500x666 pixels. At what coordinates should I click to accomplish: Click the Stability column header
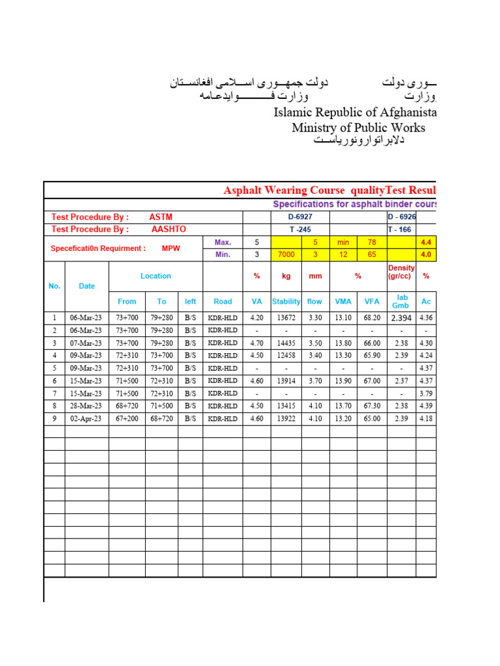286,301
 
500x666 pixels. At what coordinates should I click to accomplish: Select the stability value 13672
286,318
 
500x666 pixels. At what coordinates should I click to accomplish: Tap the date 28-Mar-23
86,406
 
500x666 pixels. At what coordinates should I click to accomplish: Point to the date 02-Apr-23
86,419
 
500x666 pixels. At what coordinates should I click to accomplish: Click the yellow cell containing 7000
286,255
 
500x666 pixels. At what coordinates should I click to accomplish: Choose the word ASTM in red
161,217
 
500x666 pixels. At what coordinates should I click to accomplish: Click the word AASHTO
169,229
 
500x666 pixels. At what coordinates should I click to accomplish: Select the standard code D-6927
300,217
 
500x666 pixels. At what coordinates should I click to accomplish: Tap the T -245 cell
300,229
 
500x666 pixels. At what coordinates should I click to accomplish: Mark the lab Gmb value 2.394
401,318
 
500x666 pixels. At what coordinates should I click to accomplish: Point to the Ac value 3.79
426,393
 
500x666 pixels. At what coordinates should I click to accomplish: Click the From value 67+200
127,419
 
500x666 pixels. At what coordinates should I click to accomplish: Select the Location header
156,276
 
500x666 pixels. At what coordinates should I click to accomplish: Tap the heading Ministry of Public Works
358,127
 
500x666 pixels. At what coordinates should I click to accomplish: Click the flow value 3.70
315,381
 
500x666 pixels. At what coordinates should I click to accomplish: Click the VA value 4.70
257,343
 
